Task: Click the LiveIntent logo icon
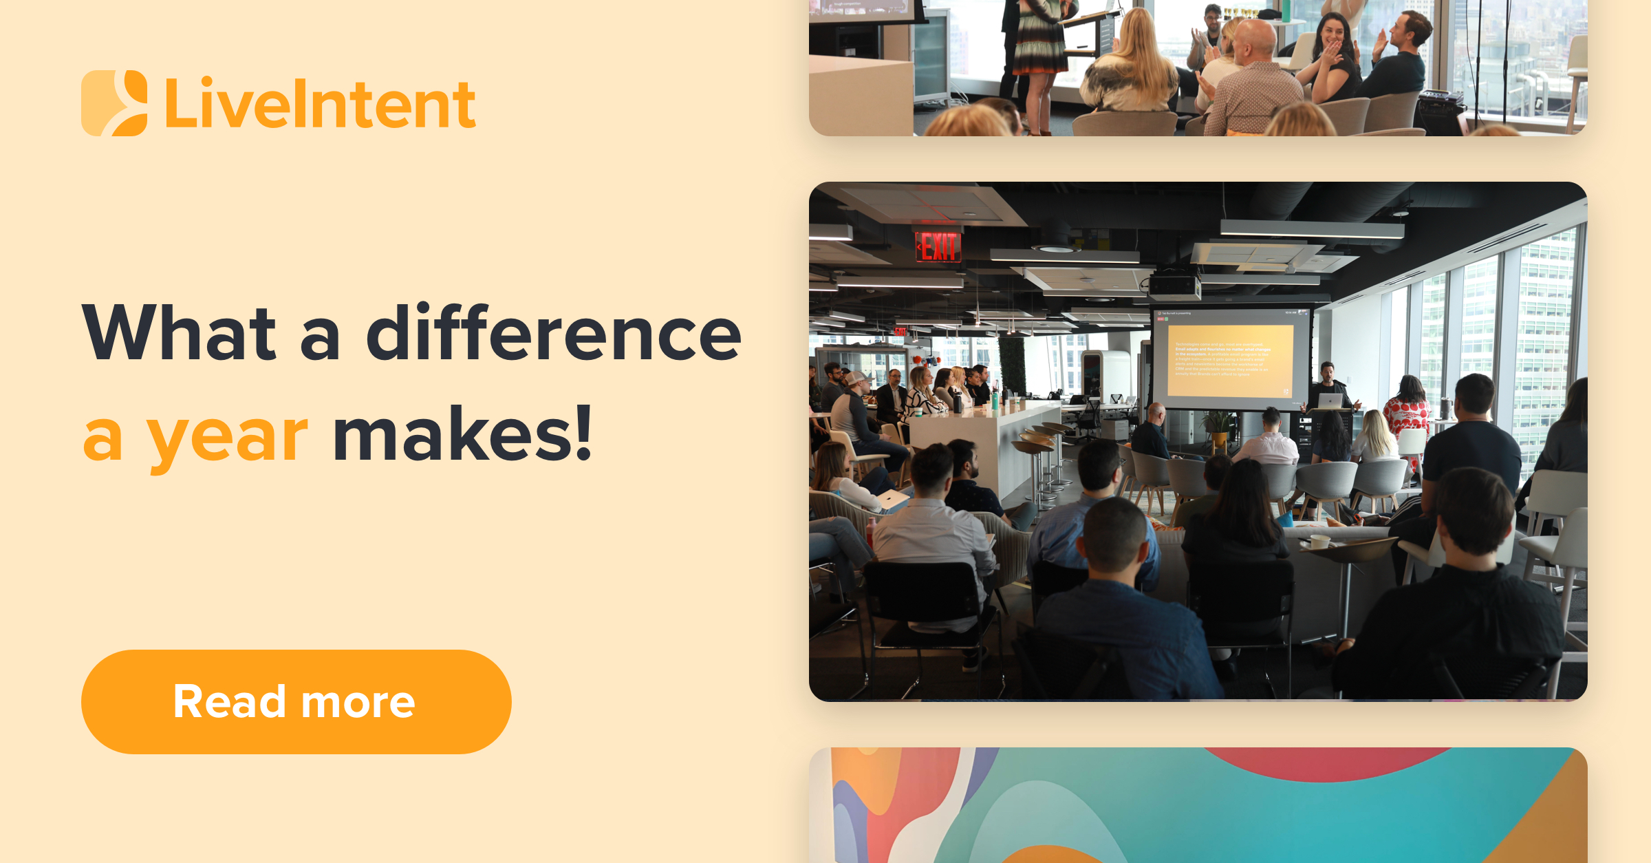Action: pyautogui.click(x=114, y=103)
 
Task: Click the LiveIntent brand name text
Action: pyautogui.click(x=320, y=105)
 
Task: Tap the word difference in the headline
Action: pyautogui.click(x=554, y=334)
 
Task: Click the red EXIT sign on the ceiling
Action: pyautogui.click(x=938, y=246)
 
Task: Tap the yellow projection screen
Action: pyautogui.click(x=1229, y=359)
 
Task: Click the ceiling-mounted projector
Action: pyautogui.click(x=1174, y=286)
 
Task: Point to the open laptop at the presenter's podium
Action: pyautogui.click(x=1330, y=401)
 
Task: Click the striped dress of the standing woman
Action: pyautogui.click(x=1039, y=48)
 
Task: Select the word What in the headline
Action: pyautogui.click(x=179, y=334)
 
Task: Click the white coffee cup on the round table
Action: pyautogui.click(x=1319, y=542)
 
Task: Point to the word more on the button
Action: pyautogui.click(x=358, y=702)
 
